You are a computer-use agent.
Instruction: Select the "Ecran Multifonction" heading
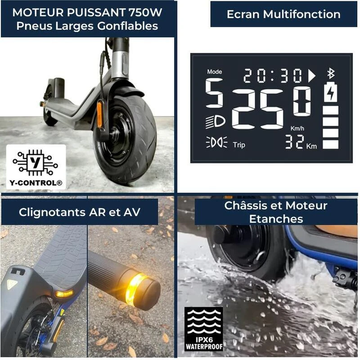coord(283,14)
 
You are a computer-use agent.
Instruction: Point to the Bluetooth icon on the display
coord(331,73)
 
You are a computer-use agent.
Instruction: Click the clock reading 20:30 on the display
coord(273,76)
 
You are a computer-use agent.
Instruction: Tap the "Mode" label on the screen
coord(215,72)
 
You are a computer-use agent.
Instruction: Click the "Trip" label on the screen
coord(239,145)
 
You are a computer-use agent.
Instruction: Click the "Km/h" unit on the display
coord(297,129)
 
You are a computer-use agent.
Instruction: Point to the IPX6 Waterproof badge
coord(203,328)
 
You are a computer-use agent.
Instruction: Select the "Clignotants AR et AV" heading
coord(80,212)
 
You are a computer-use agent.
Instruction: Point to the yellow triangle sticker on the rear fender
coord(11,284)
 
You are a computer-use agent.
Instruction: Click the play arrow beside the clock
coord(311,76)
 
